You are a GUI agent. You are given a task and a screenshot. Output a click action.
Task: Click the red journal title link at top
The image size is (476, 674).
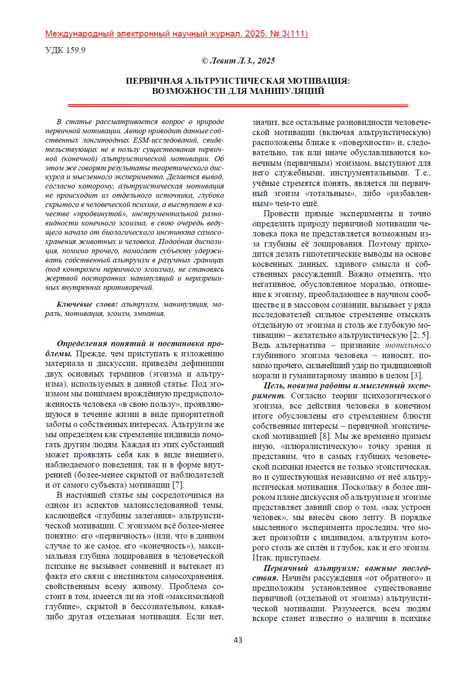click(x=176, y=34)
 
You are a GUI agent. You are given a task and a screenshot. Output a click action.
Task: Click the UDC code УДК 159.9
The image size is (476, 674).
click(x=65, y=50)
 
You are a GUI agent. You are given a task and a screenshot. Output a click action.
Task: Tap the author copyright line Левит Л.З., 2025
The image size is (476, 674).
click(x=238, y=61)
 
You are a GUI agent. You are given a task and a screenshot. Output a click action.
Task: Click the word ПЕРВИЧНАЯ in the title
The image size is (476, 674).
click(x=154, y=81)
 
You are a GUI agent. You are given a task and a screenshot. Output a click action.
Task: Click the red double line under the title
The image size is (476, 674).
click(x=238, y=105)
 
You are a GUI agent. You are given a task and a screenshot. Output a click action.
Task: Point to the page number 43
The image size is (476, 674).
click(x=238, y=640)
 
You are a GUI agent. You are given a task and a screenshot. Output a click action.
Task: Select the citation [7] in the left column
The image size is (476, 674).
click(x=178, y=485)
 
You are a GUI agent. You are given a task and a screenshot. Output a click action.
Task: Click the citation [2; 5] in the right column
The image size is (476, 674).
click(x=420, y=335)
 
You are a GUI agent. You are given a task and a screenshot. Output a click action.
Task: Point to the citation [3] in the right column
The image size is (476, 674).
click(x=417, y=376)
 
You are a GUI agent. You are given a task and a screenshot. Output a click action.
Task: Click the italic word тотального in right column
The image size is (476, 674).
click(x=408, y=345)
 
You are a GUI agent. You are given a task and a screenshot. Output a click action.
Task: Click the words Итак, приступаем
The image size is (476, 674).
click(x=287, y=558)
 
